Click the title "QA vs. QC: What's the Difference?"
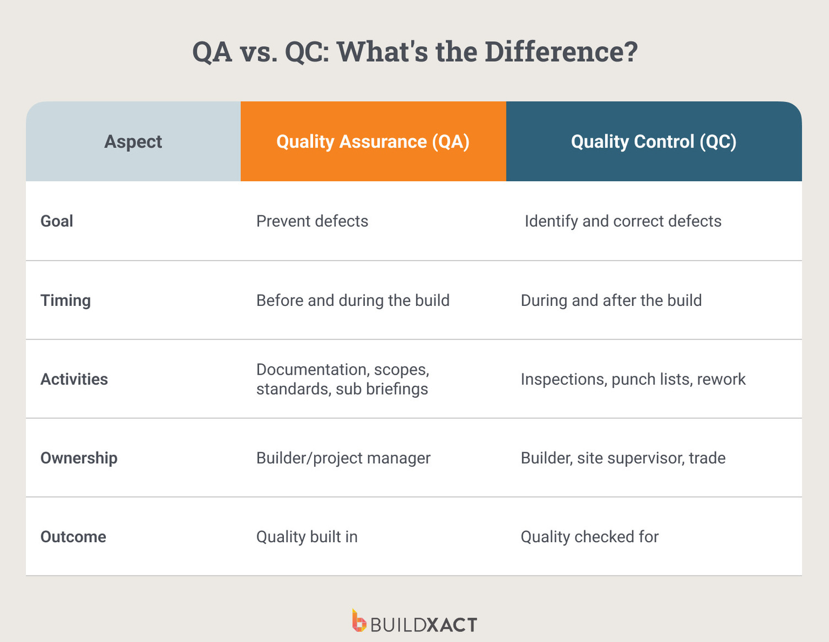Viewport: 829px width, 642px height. point(415,52)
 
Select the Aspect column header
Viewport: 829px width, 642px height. point(133,142)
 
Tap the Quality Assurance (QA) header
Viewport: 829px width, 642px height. point(373,142)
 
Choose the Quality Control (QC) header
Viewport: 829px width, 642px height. point(653,142)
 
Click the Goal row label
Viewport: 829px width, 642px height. point(57,221)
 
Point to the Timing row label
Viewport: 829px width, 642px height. point(66,300)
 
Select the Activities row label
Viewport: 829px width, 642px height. point(74,379)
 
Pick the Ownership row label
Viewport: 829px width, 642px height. point(79,458)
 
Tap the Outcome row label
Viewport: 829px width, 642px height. point(73,537)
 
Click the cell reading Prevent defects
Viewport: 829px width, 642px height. point(312,221)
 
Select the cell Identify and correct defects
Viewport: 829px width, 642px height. point(623,221)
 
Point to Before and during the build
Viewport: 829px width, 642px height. point(353,300)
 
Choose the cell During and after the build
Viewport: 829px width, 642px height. point(611,300)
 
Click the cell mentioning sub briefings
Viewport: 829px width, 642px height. point(342,379)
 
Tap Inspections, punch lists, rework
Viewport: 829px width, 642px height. point(633,379)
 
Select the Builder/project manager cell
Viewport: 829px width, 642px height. point(343,458)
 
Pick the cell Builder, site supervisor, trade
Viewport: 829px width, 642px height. point(623,458)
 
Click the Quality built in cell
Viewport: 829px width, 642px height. point(307,537)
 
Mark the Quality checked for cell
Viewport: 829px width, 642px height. point(590,537)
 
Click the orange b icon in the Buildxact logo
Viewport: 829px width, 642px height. point(359,621)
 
